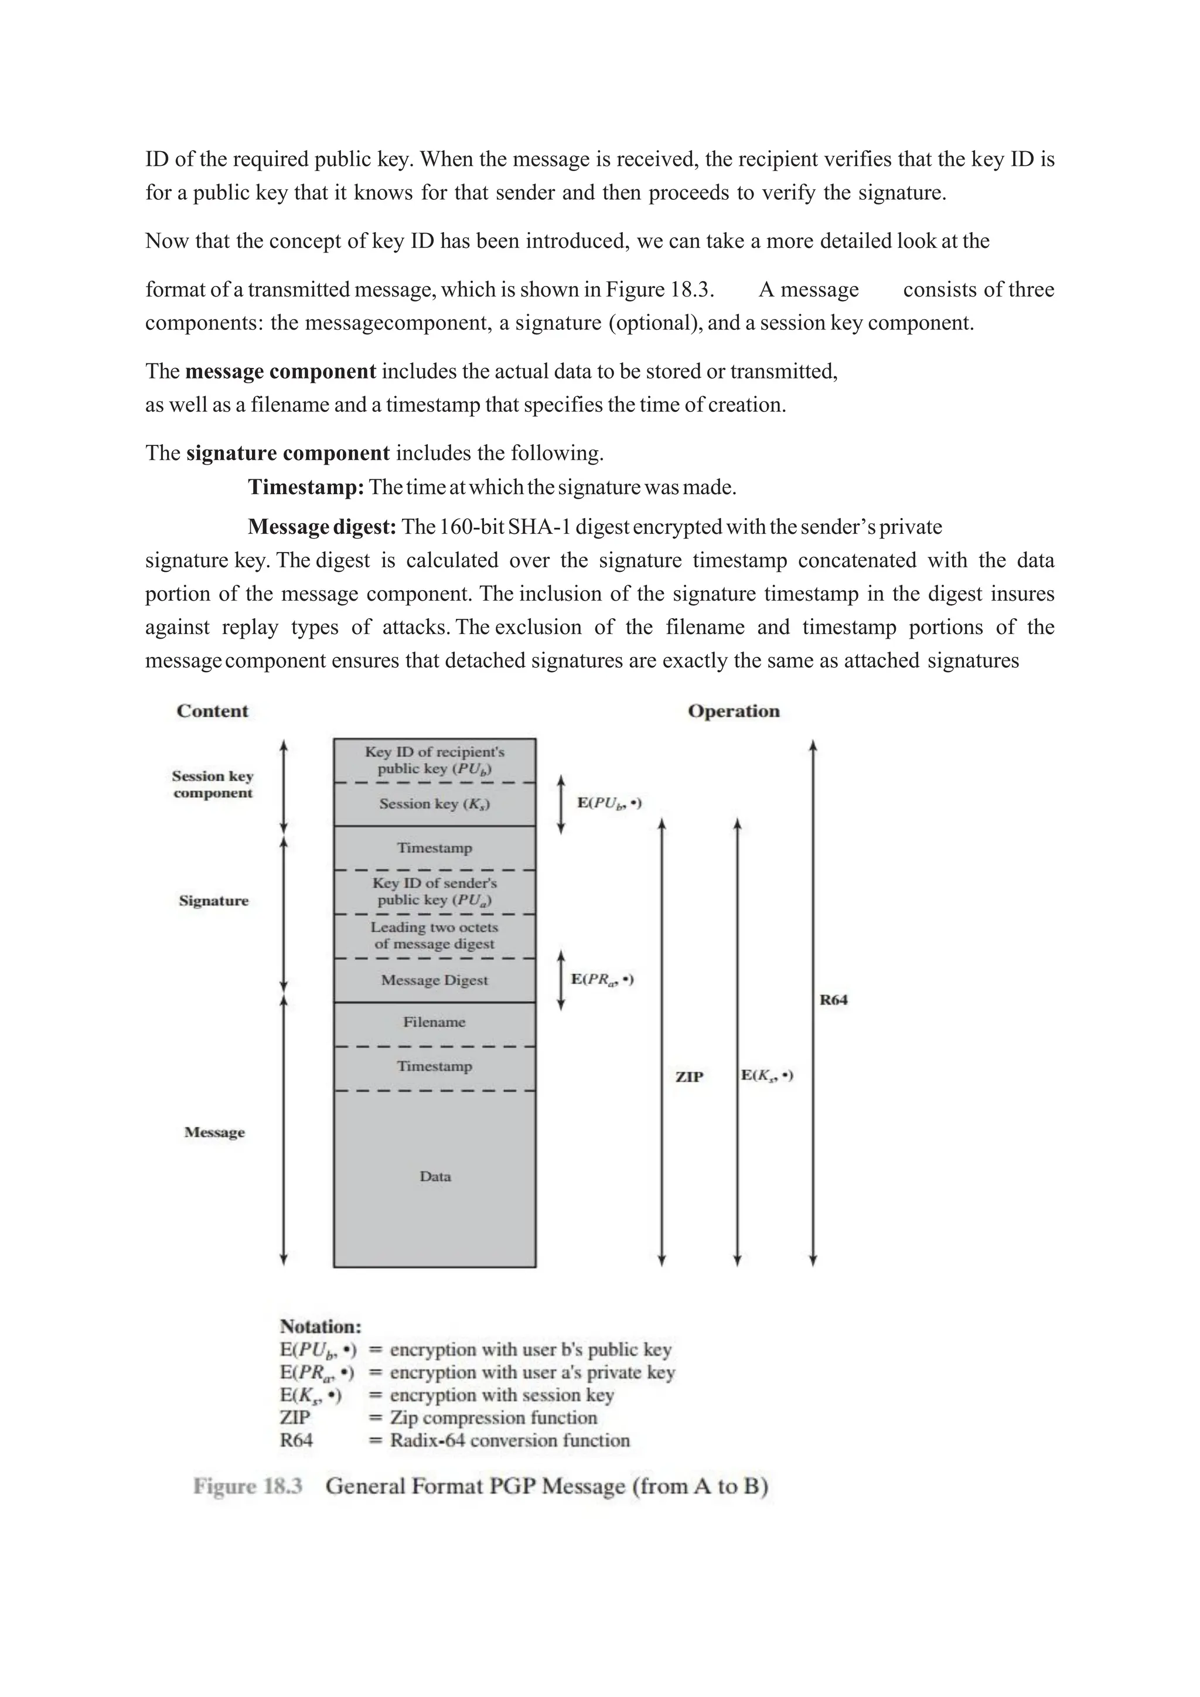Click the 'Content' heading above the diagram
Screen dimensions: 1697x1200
coord(212,711)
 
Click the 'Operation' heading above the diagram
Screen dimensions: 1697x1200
coord(733,711)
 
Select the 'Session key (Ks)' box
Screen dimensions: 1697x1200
coord(435,804)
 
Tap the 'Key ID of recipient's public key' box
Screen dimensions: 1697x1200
coord(435,761)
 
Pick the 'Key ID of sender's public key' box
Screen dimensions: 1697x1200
coord(435,891)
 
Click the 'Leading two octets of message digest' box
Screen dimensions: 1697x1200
coord(435,936)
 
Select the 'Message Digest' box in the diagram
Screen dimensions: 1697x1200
coord(435,980)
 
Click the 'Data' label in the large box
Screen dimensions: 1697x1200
coord(435,1177)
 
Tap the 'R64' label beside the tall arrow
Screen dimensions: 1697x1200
coord(834,1000)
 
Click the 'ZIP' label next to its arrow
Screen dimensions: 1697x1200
coord(688,1077)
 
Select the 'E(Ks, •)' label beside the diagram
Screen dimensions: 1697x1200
coord(767,1075)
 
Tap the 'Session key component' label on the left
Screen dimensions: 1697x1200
coord(213,784)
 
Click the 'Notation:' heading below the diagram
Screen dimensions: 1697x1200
coord(321,1326)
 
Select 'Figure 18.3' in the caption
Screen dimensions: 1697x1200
coord(248,1487)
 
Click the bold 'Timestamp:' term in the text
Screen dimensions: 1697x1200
coord(306,487)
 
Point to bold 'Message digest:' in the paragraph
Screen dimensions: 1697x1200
coord(322,527)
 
